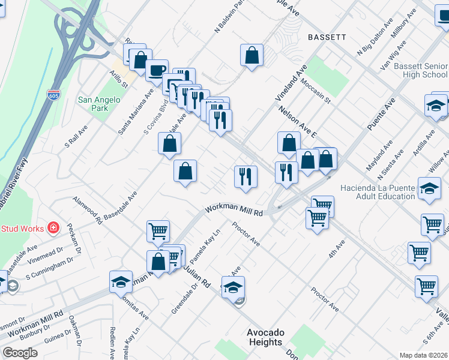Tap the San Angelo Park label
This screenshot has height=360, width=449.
pos(94,104)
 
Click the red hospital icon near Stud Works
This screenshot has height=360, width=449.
pos(53,228)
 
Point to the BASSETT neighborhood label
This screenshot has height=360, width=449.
pos(327,37)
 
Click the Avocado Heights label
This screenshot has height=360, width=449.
pos(265,337)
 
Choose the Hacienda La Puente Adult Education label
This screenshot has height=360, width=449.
pos(378,192)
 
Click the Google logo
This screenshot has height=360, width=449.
pos(20,353)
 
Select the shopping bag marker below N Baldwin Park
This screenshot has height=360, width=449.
pos(252,56)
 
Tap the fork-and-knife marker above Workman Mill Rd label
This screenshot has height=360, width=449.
pos(246,176)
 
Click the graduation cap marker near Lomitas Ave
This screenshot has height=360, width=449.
pos(121,282)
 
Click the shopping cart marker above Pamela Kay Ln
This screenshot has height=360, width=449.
pos(158,231)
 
